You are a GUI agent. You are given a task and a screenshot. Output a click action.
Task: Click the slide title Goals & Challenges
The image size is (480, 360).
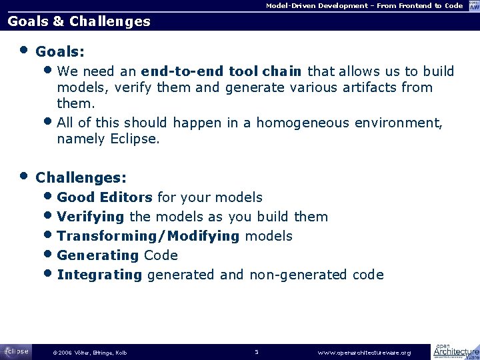tap(79, 21)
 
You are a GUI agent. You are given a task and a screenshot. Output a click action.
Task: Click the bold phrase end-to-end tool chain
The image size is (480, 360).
tap(221, 71)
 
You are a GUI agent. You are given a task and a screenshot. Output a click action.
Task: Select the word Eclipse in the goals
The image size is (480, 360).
tap(135, 139)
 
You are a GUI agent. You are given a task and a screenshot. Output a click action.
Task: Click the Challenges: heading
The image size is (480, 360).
tap(81, 178)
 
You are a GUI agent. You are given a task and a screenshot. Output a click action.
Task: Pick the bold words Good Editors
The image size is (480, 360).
tap(105, 197)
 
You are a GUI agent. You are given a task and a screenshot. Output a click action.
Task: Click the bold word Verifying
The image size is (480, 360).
tap(91, 217)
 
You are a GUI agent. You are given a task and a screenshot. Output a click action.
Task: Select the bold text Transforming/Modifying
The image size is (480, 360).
tap(148, 236)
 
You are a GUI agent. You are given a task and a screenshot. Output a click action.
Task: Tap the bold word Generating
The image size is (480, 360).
tap(98, 255)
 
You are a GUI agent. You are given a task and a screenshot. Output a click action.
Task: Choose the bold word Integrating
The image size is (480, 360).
tap(99, 275)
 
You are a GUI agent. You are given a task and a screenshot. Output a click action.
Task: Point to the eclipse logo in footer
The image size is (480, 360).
tap(15, 351)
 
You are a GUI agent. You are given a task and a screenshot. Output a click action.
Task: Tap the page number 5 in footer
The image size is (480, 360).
tap(256, 352)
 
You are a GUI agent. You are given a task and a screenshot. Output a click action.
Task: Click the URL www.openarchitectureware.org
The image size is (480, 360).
tap(364, 353)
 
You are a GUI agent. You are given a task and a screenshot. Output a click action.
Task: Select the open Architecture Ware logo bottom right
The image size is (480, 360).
tap(455, 351)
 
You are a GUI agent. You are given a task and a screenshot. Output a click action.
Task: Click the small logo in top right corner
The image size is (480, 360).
tap(473, 5)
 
